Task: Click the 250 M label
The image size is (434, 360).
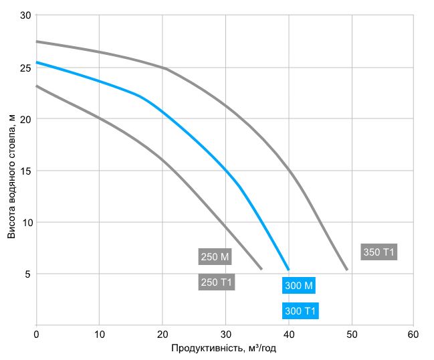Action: pos(215,257)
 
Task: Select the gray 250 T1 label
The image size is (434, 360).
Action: pos(216,282)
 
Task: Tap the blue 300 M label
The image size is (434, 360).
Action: pos(298,286)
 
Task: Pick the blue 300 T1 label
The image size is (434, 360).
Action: pos(300,311)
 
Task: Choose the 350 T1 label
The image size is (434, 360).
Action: pos(379,252)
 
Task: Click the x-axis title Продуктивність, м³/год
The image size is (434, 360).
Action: pos(224,349)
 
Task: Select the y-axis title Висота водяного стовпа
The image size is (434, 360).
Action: pos(11,175)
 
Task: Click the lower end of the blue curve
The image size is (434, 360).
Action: pos(288,269)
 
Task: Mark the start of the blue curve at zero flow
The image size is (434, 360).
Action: pos(37,62)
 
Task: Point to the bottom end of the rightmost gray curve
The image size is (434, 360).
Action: pos(347,269)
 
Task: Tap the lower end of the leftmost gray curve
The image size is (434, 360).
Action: pos(261,269)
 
